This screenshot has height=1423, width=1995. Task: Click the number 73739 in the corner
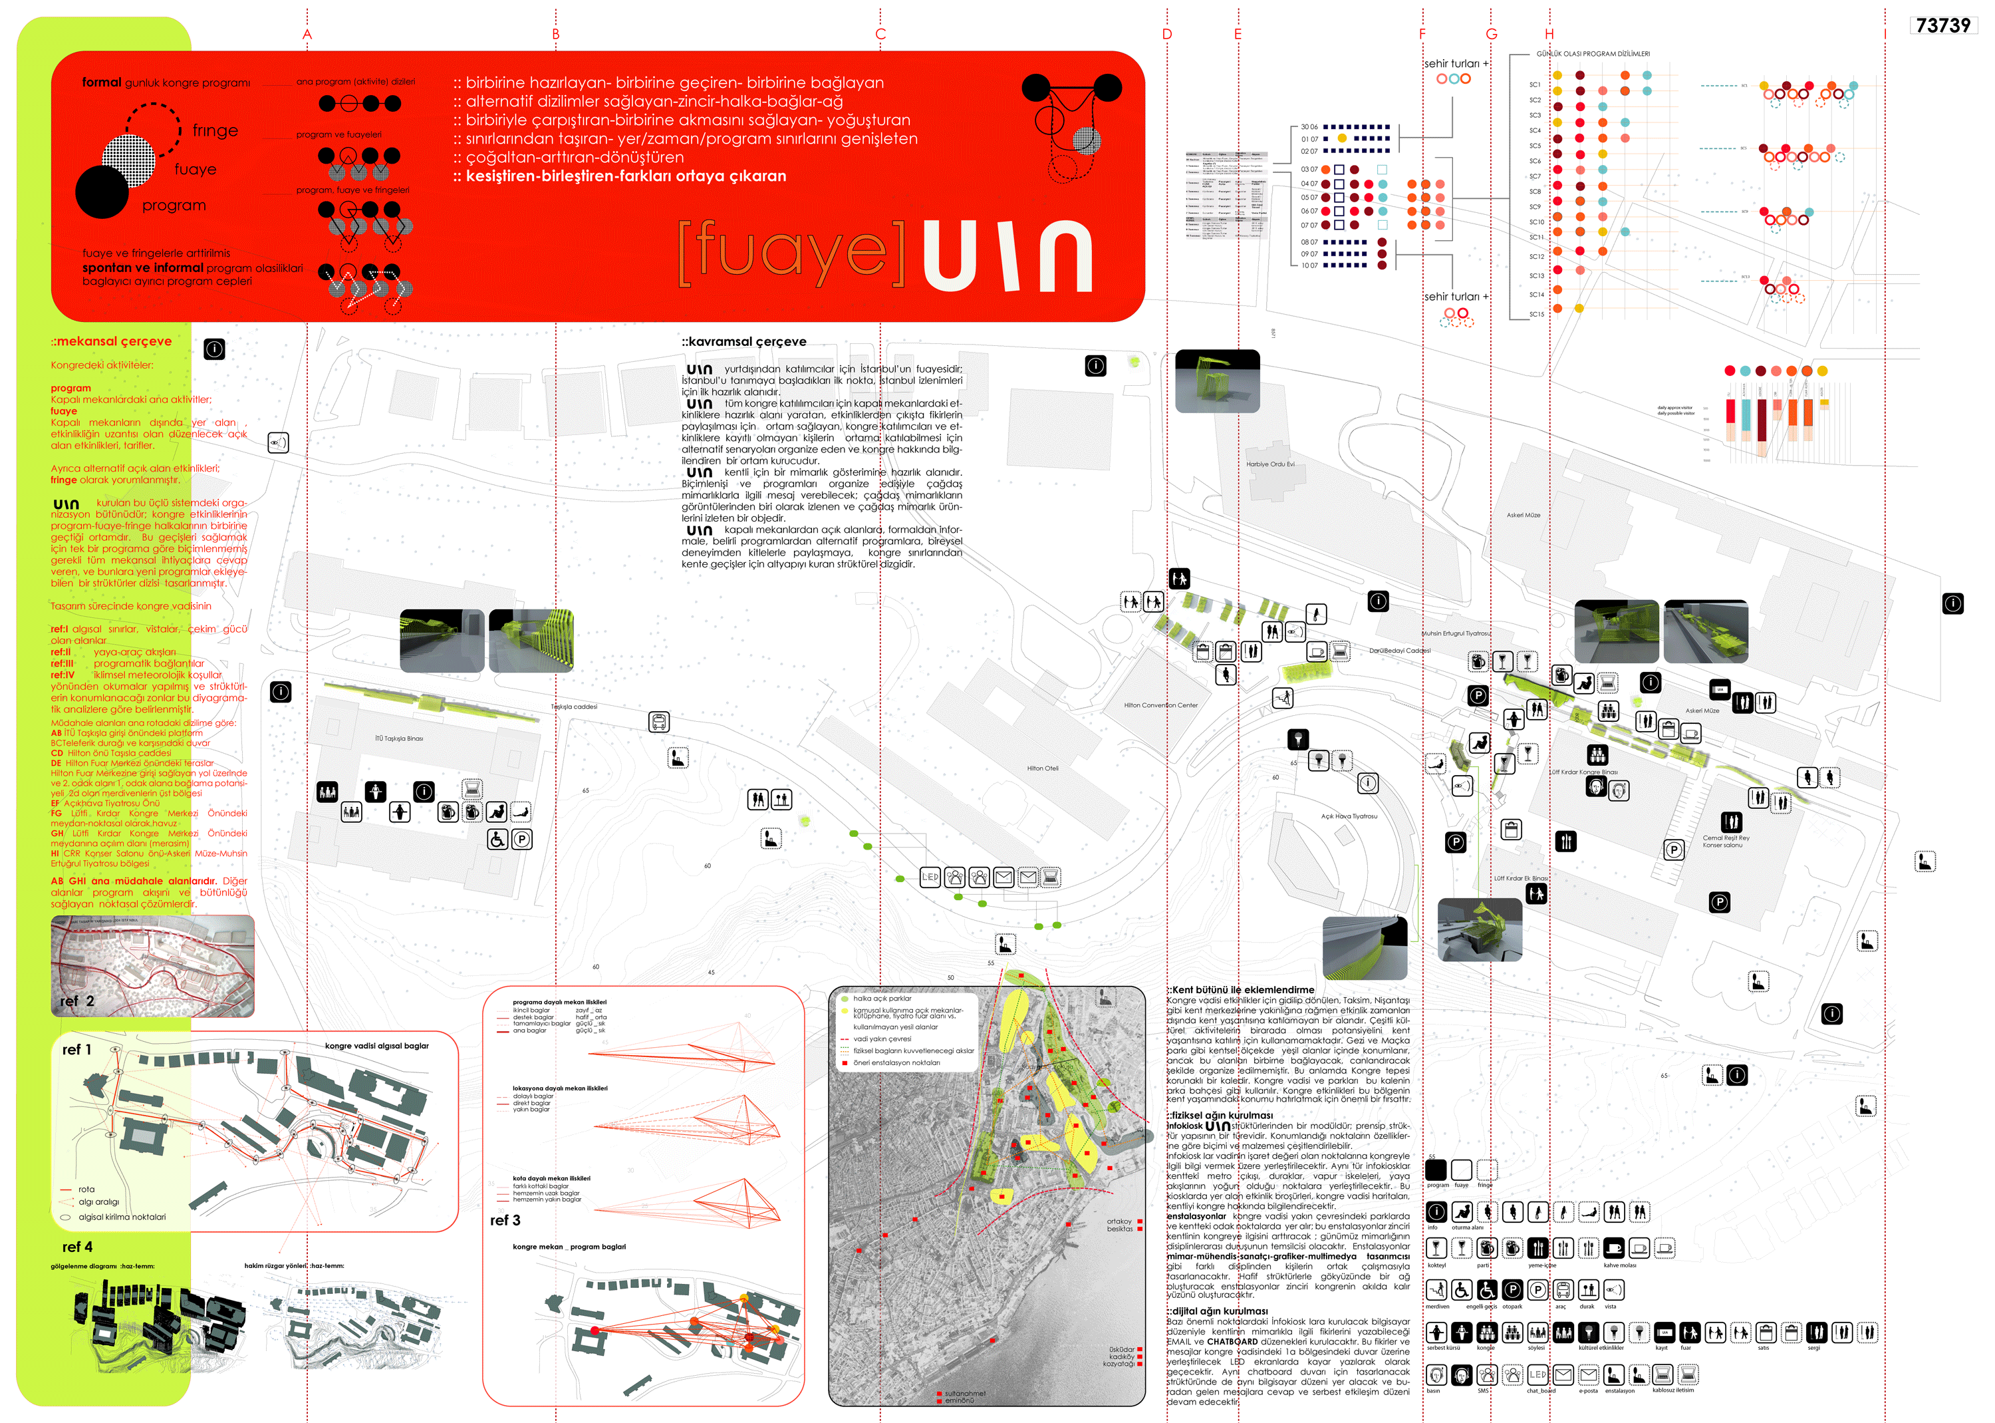coord(1942,25)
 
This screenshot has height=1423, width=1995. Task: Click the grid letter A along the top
coord(307,34)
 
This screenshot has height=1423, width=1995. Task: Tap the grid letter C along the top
coord(880,34)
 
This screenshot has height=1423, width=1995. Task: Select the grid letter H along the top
coord(1549,34)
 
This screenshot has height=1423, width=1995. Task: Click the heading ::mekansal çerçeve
coord(111,342)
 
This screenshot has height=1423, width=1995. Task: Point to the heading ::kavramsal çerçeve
coord(743,342)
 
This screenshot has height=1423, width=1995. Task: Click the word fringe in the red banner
coord(215,130)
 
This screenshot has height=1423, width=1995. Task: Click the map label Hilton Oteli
coord(1042,768)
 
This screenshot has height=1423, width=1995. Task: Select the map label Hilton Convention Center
coord(1160,705)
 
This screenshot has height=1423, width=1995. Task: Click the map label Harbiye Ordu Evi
coord(1270,464)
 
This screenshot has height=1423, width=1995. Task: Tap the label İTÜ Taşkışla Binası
coord(398,738)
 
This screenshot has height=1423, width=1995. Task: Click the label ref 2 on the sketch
coord(77,1001)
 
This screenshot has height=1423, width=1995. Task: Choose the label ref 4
coord(77,1246)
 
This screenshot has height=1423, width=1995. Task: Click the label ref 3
coord(505,1219)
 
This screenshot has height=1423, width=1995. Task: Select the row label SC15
coord(1536,315)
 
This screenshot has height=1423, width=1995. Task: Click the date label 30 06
coord(1309,127)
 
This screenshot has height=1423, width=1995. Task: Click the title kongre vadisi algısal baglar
coord(376,1046)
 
